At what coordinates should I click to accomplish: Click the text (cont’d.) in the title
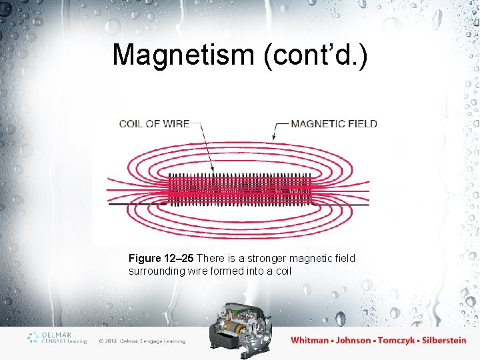click(x=315, y=55)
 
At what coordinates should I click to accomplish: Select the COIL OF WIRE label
click(x=154, y=124)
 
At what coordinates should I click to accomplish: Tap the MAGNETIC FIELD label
click(x=334, y=124)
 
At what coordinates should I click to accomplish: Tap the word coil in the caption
click(x=283, y=272)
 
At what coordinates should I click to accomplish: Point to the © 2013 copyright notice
click(x=141, y=341)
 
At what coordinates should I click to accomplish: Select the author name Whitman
click(x=309, y=340)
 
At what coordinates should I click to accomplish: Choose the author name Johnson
click(x=353, y=340)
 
